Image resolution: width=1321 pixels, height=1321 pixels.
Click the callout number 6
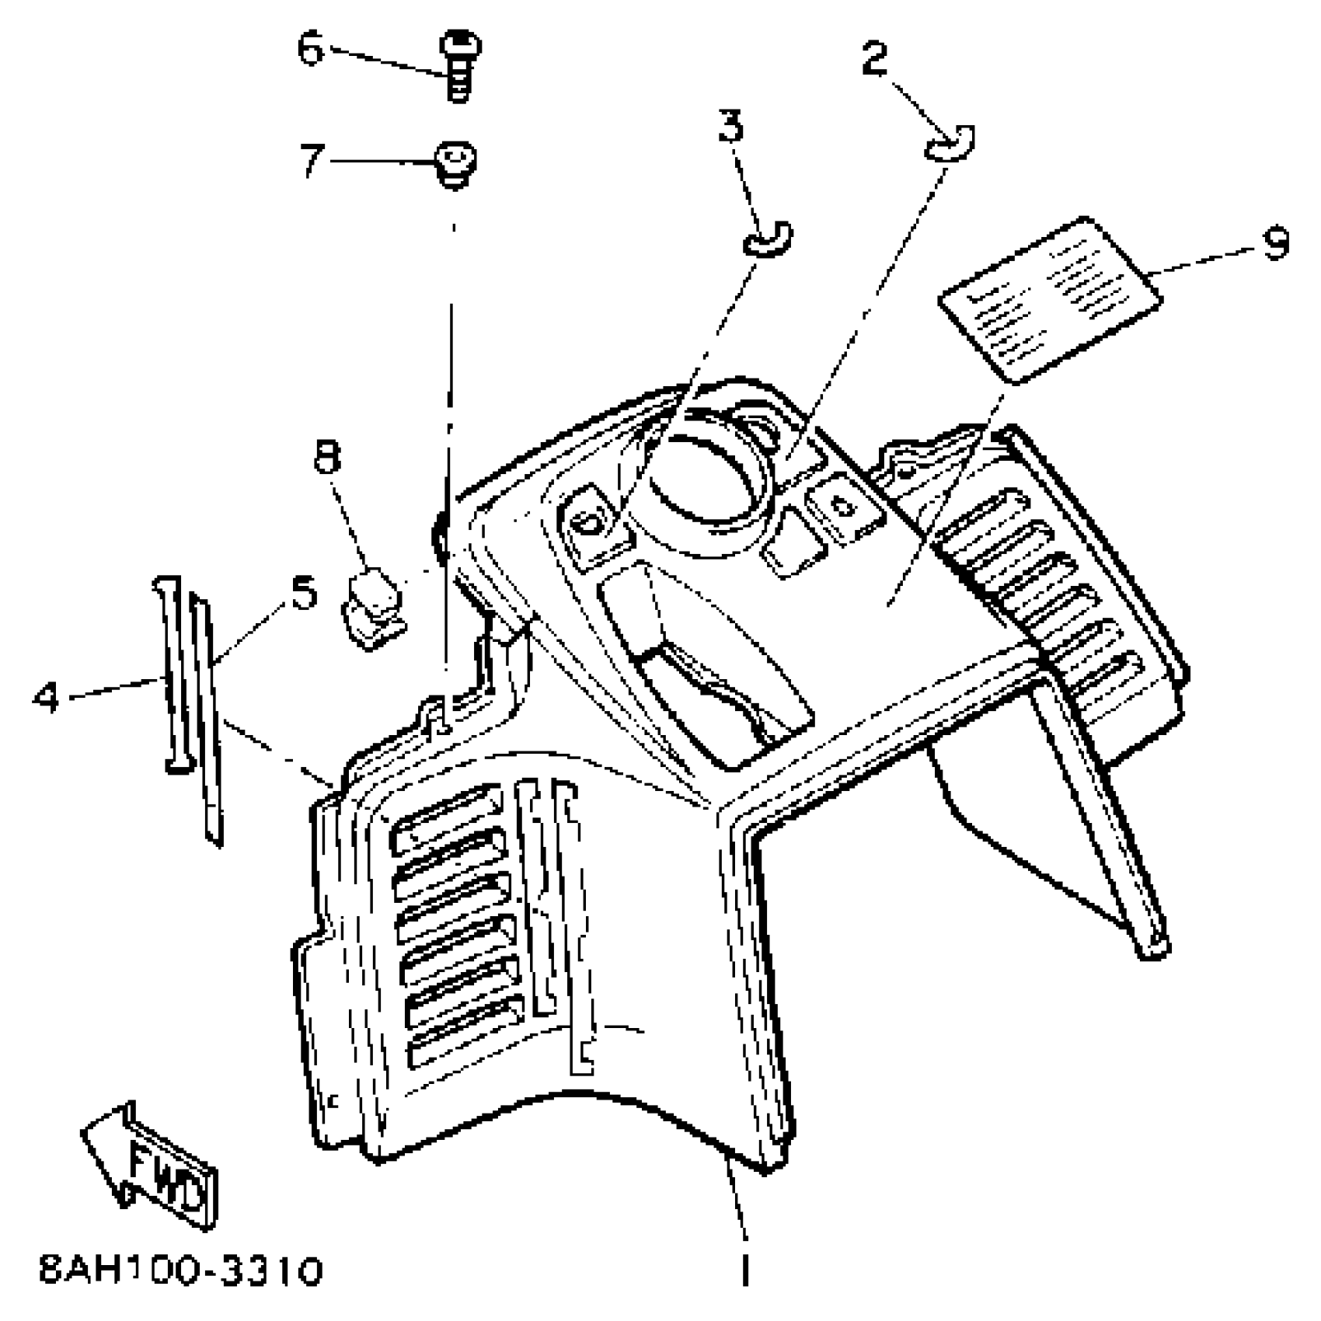click(311, 50)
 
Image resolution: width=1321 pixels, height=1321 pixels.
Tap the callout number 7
click(311, 161)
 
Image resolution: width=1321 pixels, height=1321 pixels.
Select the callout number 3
click(730, 126)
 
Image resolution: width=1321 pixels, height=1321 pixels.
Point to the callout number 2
click(875, 58)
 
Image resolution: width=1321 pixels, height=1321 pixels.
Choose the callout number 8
click(327, 457)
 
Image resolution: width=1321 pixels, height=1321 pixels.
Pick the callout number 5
click(304, 592)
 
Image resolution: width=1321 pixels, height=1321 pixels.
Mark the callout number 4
click(47, 696)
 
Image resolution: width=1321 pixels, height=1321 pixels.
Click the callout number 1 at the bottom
click(744, 1269)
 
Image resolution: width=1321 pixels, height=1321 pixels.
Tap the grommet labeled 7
click(455, 165)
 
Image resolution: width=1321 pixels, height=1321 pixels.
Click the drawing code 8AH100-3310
click(180, 1272)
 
